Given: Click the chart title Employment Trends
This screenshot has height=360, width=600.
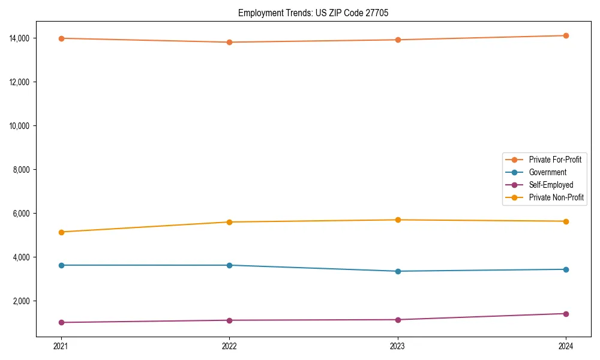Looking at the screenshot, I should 313,13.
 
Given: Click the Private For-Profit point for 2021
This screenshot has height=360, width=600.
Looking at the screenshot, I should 61,38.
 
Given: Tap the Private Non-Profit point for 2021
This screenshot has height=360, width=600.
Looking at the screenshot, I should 61,232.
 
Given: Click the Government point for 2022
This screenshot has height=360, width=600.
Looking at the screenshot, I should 229,265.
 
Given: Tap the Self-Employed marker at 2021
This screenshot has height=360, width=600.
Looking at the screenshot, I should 61,322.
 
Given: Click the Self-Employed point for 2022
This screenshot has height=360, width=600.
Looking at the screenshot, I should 229,320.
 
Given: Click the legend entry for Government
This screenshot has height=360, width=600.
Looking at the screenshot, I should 547,172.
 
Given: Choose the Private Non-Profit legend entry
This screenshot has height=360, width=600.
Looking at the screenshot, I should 556,197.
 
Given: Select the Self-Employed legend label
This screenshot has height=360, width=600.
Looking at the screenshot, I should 551,185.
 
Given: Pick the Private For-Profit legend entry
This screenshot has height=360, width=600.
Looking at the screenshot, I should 554,160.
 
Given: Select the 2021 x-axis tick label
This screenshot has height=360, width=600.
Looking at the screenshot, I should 61,346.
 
